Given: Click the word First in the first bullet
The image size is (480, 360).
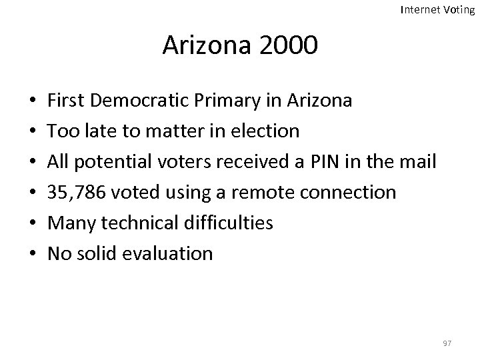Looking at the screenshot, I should click(x=64, y=101).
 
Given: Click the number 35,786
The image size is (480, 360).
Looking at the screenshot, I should click(x=75, y=193).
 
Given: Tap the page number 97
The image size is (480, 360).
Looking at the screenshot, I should click(x=447, y=343).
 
